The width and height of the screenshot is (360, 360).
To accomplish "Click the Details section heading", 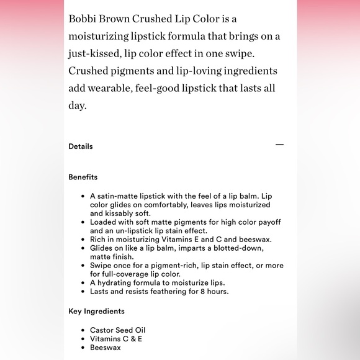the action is [x=81, y=146].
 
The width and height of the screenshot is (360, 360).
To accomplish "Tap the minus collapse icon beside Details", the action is [x=279, y=145].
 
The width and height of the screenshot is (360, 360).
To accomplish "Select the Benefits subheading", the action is [x=83, y=177].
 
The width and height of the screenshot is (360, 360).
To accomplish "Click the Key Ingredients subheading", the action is [x=96, y=311].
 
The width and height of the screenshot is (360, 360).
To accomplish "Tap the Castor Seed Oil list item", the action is [x=118, y=330].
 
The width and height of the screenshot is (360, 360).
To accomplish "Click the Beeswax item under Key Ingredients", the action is [x=106, y=348].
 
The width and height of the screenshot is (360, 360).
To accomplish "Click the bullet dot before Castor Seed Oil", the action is [x=83, y=330].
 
